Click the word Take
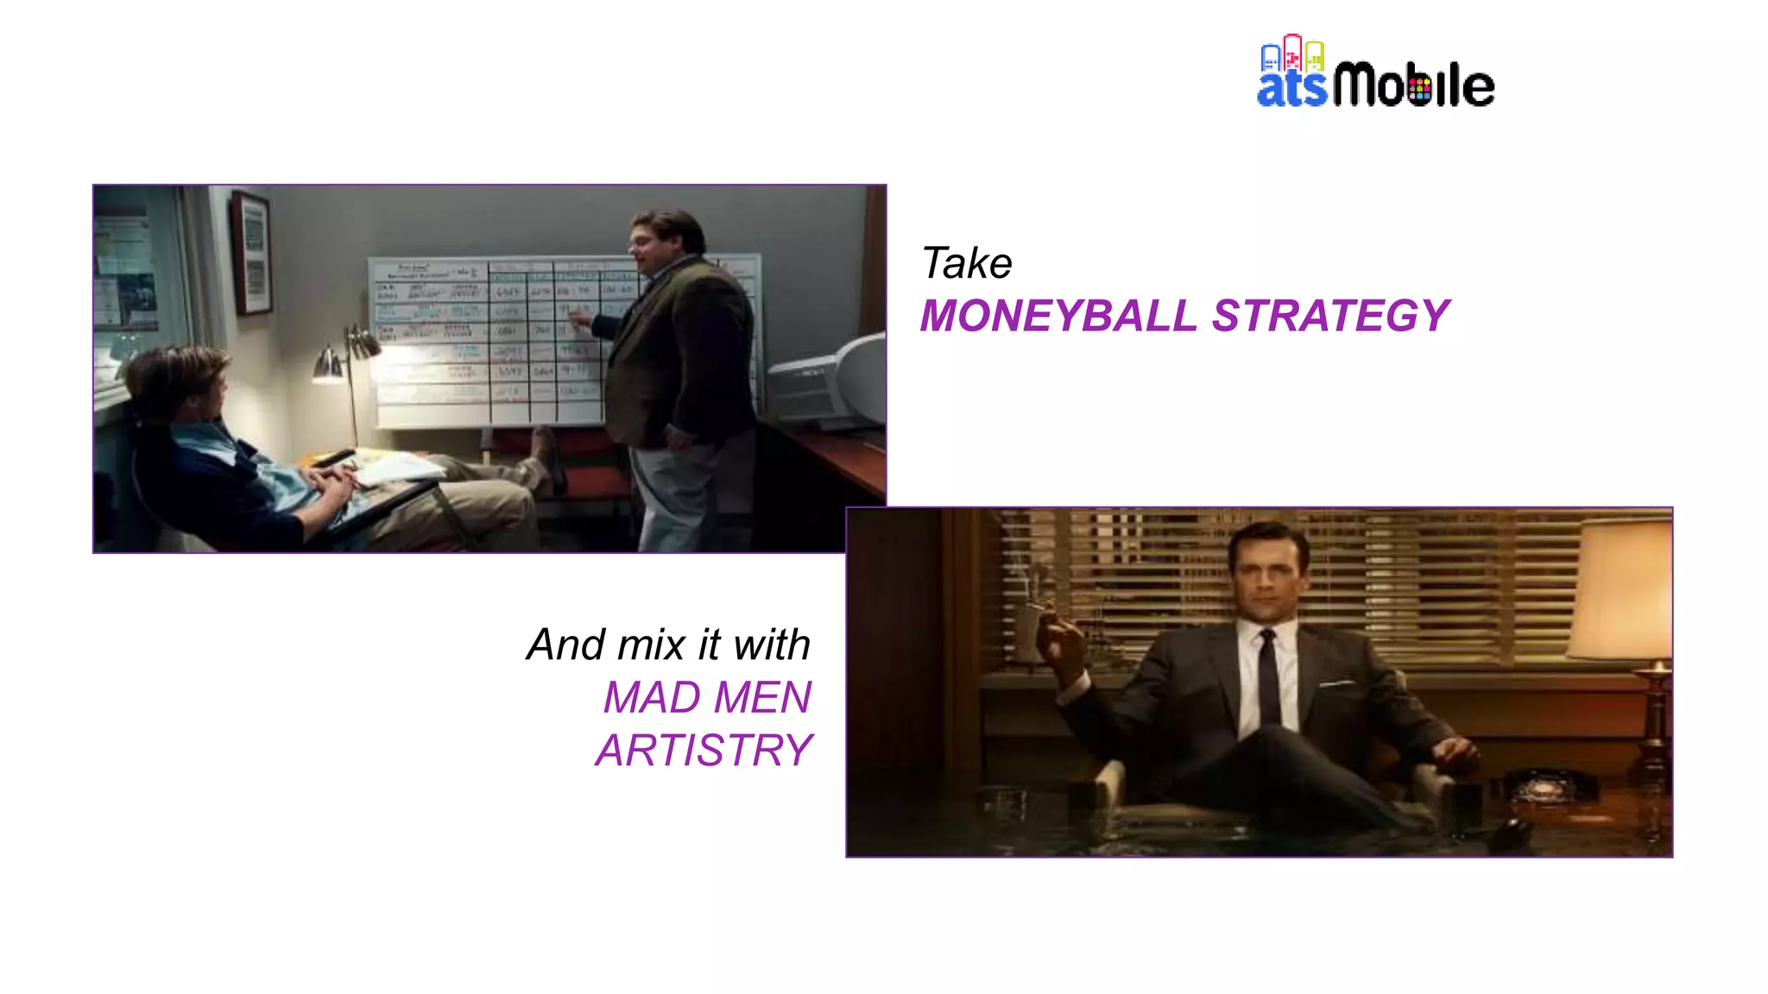966,263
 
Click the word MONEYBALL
1058,316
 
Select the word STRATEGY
1330,316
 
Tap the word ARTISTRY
704,750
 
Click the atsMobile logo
1374,73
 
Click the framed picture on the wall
251,252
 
